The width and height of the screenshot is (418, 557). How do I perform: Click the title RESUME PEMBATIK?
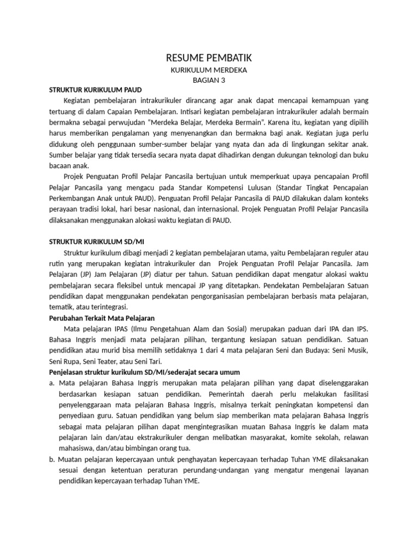coord(209,58)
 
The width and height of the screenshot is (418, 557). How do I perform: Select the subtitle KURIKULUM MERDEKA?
coord(209,70)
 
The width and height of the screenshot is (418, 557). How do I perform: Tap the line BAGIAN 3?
coord(209,80)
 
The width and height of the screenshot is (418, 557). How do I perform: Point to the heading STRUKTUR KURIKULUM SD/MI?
coord(96,242)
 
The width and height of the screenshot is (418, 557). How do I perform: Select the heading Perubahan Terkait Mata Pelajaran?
coord(102,317)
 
